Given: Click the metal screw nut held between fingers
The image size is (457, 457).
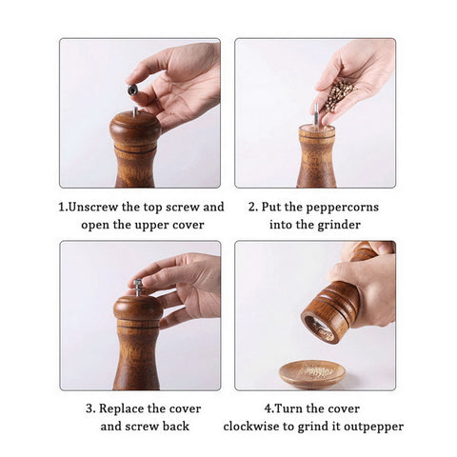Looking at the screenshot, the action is click(132, 90).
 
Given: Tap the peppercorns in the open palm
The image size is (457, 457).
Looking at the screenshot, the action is click(340, 95).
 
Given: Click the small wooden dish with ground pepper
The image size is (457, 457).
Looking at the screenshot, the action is click(312, 374).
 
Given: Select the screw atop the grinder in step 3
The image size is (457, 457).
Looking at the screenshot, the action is click(138, 288).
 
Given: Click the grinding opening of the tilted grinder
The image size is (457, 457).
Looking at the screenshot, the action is click(318, 329).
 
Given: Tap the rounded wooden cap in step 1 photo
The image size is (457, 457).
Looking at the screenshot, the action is click(135, 126).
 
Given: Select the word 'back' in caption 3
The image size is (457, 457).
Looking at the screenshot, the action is click(175, 427).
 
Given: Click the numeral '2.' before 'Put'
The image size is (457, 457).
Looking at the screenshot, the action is click(253, 208).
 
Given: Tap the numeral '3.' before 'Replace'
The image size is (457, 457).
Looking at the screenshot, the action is click(90, 408).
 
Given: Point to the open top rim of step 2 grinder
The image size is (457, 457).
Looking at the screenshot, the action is click(317, 129).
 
